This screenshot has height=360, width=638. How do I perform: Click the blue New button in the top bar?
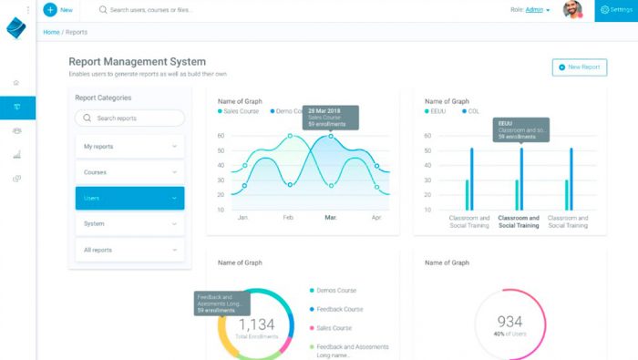tap(58, 10)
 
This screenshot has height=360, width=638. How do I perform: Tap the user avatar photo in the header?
tap(572, 10)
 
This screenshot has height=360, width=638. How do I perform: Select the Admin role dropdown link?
tap(538, 10)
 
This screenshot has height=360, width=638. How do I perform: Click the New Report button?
tap(580, 67)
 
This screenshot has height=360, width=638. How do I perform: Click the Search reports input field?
tap(129, 118)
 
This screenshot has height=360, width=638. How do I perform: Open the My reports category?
tap(129, 146)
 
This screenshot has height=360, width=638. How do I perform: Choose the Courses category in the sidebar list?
tap(129, 171)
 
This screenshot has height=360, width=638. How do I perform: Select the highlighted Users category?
tap(129, 198)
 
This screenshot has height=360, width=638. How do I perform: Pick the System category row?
tap(129, 223)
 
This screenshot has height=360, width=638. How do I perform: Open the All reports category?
tap(129, 250)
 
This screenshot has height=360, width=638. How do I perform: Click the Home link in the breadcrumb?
tap(51, 32)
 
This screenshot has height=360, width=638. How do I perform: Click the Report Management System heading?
tap(137, 62)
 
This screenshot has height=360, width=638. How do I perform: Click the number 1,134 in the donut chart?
tap(256, 324)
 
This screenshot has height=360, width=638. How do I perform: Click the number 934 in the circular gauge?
tap(510, 322)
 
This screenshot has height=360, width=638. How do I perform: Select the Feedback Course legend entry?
tap(339, 309)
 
